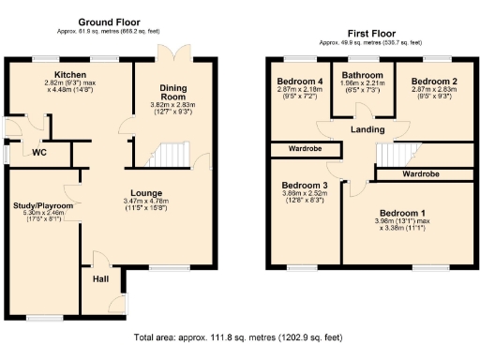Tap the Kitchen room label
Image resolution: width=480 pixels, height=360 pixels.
pyautogui.click(x=70, y=74)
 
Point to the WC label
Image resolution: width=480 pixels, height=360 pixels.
pyautogui.click(x=39, y=152)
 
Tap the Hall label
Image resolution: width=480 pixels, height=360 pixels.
pyautogui.click(x=100, y=278)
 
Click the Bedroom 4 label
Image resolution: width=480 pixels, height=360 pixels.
pyautogui.click(x=301, y=82)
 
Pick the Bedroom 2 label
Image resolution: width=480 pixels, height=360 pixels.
pyautogui.click(x=432, y=82)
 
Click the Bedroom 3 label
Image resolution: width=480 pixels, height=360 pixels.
pyautogui.click(x=305, y=186)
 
